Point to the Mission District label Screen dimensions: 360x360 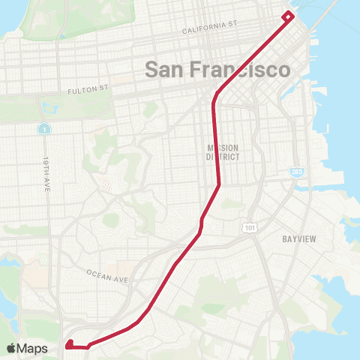222,152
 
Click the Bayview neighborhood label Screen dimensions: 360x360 299,239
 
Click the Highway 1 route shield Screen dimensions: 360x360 45,129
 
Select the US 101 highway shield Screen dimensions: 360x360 249,226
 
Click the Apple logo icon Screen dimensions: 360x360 12,348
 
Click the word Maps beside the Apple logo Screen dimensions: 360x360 33,348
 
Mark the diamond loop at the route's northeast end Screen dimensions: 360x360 288,16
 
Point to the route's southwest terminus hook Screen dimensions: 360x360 69,345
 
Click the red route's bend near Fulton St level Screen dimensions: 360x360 216,96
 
